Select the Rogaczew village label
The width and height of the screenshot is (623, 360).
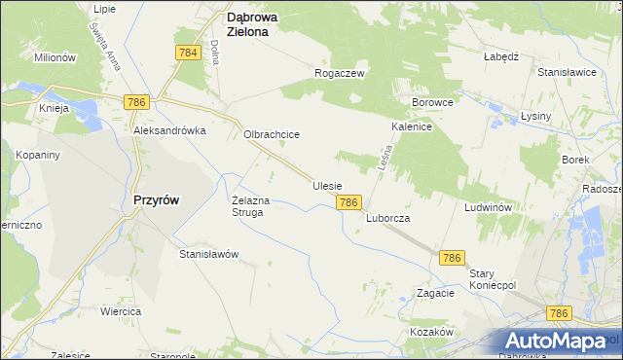339,73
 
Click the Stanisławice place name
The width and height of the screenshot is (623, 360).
567,73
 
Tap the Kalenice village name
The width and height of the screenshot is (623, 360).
412,126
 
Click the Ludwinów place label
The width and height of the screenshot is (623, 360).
489,208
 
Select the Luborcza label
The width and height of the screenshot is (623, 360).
387,219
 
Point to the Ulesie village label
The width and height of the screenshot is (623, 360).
327,185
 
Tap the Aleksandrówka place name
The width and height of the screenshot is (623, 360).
170,130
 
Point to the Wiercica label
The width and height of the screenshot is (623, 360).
121,311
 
